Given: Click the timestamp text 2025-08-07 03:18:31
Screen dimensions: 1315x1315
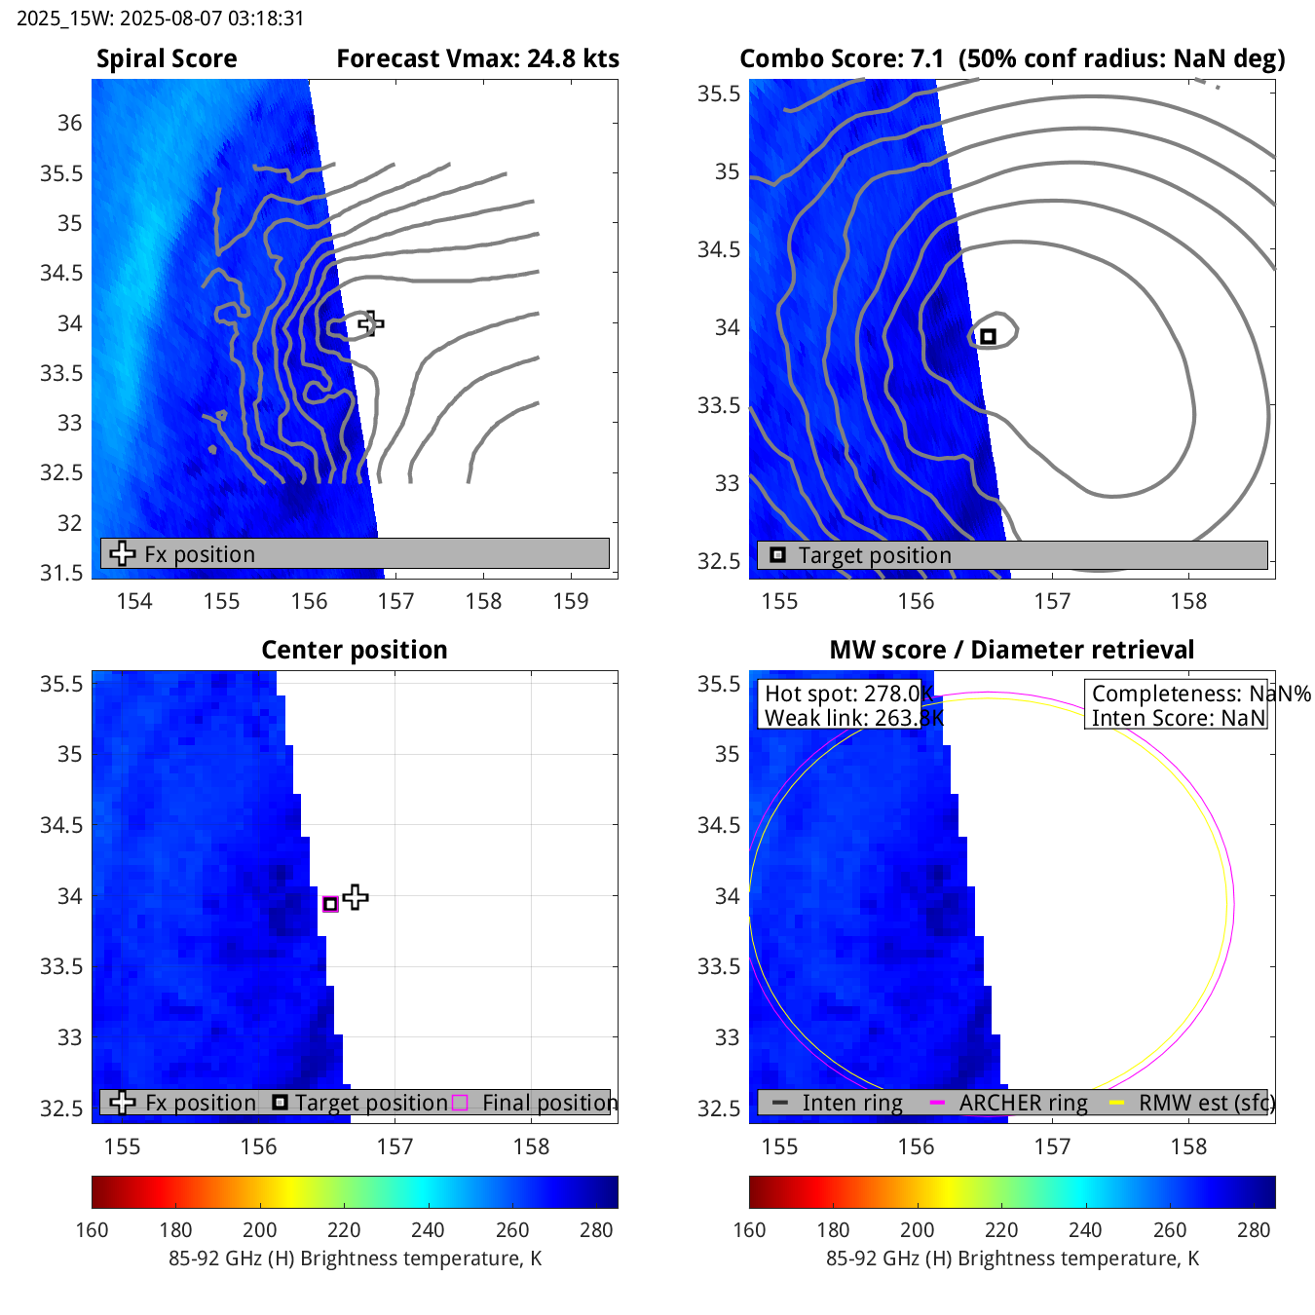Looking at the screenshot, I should [x=161, y=19].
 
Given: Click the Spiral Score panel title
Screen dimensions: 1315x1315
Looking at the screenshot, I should [x=167, y=59].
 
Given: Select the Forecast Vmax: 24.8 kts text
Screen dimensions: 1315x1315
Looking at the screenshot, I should [x=477, y=59].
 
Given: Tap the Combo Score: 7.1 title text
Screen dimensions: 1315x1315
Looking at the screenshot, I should [x=842, y=59].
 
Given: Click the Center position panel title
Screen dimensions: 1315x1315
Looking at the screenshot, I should [x=355, y=650].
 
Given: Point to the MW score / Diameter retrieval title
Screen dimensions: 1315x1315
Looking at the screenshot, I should [x=1011, y=650].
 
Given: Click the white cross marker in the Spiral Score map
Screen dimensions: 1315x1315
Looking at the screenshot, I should [x=370, y=322].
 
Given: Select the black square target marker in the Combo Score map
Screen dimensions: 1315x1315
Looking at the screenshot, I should [x=988, y=336].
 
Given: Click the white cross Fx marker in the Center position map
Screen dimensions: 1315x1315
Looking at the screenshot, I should [x=356, y=897].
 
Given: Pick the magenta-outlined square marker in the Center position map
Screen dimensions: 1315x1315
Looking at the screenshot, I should [x=330, y=904].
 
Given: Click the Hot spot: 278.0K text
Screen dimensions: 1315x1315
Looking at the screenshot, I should [x=847, y=694].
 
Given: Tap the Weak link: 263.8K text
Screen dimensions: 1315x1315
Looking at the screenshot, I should [x=853, y=718].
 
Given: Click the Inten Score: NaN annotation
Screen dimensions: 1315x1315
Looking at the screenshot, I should [x=1178, y=718].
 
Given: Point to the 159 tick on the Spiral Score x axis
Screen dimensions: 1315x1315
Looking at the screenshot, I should [x=571, y=601].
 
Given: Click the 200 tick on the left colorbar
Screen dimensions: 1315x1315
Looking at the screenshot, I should [x=260, y=1229].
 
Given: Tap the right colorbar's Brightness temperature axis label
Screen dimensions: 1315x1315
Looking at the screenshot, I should [x=1012, y=1259].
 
